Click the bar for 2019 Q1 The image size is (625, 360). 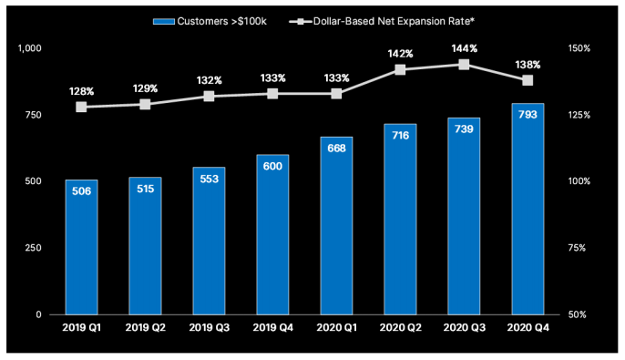tap(81, 247)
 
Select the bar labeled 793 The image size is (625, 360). tap(528, 209)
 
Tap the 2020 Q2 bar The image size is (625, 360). tap(400, 219)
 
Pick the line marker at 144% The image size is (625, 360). tap(464, 65)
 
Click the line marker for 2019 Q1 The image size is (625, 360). tap(81, 107)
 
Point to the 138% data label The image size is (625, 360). tap(528, 65)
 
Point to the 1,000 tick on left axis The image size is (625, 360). tap(30, 48)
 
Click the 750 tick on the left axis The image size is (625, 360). tap(33, 115)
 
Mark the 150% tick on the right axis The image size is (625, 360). tap(580, 48)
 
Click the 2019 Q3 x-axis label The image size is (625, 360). tap(209, 326)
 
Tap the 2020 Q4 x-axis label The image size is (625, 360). tap(528, 326)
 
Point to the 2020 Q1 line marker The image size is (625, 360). tap(336, 94)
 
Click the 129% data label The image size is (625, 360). tap(145, 88)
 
